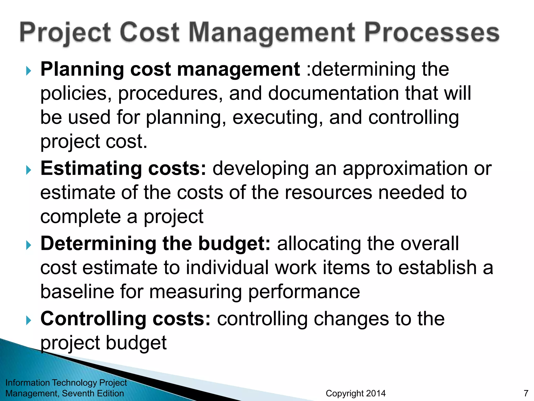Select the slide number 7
[526, 393]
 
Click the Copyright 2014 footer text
[356, 393]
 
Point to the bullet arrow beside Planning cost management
[28, 70]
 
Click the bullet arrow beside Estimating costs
[28, 170]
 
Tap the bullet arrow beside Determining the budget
[28, 245]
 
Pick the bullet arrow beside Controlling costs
[28, 320]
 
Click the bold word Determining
[98, 244]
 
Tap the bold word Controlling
[93, 319]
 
